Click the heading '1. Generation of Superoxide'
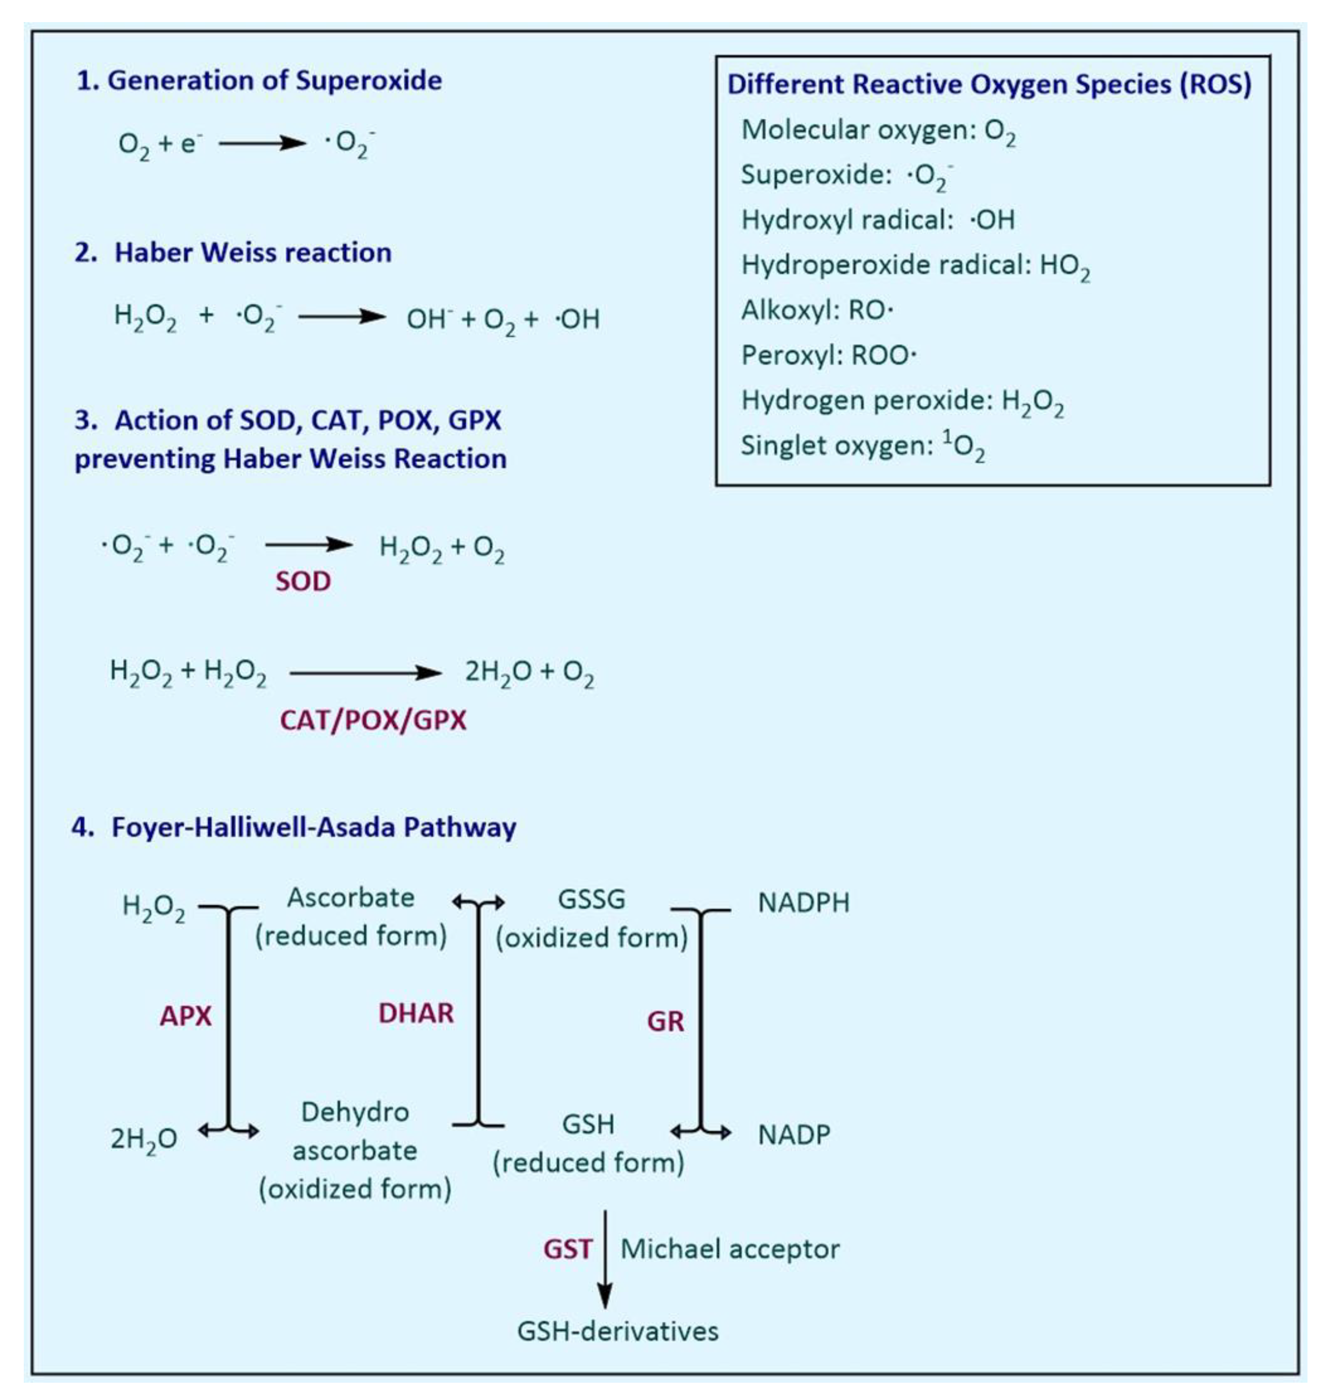(x=259, y=81)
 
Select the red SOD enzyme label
(x=303, y=582)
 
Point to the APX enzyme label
(x=186, y=1016)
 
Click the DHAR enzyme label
(x=416, y=1014)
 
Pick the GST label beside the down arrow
(x=567, y=1249)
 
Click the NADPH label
(x=803, y=903)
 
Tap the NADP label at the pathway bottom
(x=794, y=1134)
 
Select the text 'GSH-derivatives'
(x=617, y=1331)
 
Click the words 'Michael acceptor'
(x=730, y=1249)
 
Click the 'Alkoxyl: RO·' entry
(x=817, y=310)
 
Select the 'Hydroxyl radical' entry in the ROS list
(x=877, y=220)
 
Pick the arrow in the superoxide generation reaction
(x=262, y=143)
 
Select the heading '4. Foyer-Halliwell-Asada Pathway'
(x=294, y=827)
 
